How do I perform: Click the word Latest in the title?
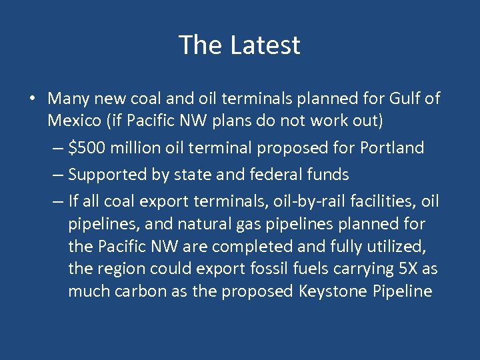(265, 45)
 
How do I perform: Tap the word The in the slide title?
(201, 45)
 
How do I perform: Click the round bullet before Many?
(32, 99)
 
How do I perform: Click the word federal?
(279, 175)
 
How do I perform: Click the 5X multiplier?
(407, 269)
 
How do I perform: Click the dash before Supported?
(57, 175)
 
